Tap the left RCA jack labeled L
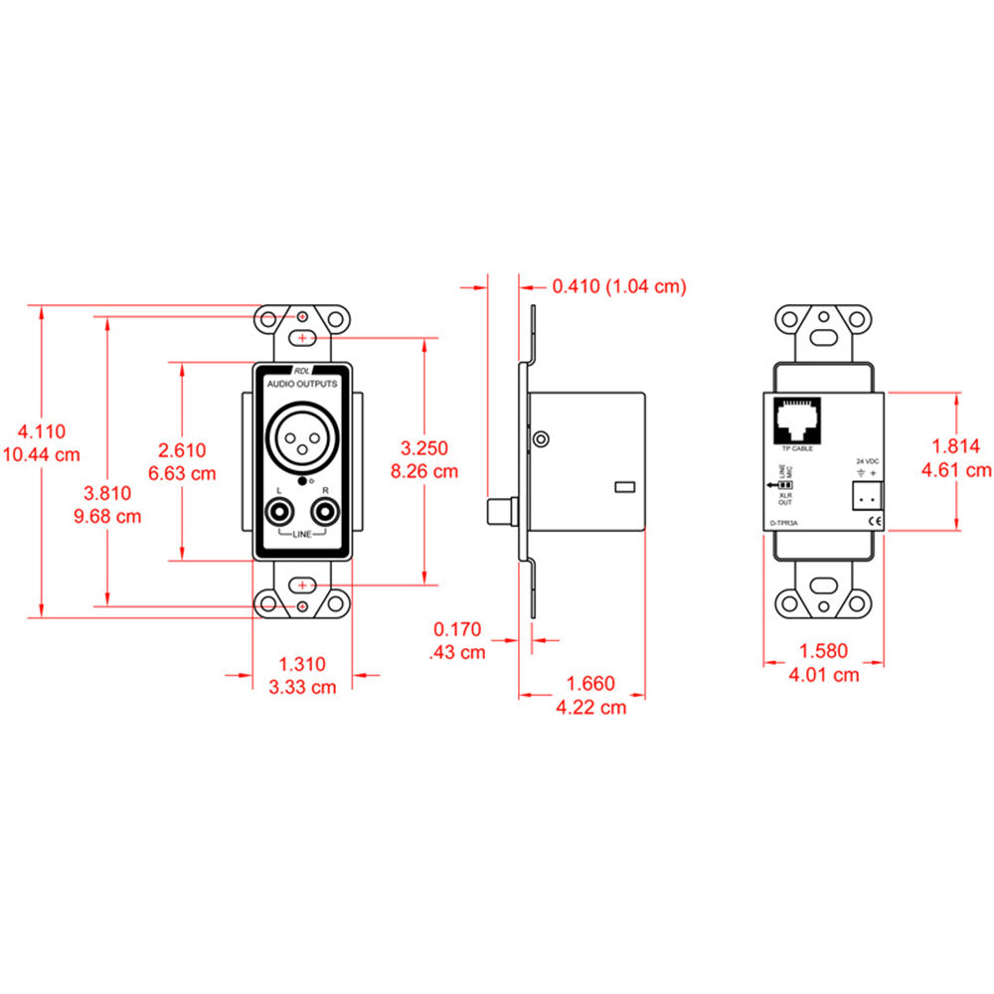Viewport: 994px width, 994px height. point(280,514)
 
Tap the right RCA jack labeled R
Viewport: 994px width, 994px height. point(324,514)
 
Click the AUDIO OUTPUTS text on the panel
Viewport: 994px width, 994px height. point(302,383)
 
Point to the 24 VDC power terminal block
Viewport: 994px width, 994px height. point(864,495)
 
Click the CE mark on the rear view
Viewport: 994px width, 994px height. point(875,520)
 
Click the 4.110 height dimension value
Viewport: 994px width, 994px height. point(42,431)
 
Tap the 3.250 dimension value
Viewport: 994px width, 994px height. point(424,447)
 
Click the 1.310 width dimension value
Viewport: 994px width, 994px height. point(302,664)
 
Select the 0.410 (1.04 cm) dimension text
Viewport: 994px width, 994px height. point(619,286)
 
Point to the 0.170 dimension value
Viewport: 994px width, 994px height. point(458,629)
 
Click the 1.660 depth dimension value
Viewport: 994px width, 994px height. point(590,684)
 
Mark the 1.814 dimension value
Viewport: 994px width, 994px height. point(958,446)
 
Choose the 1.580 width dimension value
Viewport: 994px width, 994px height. point(823,652)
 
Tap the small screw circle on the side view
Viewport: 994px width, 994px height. point(540,439)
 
